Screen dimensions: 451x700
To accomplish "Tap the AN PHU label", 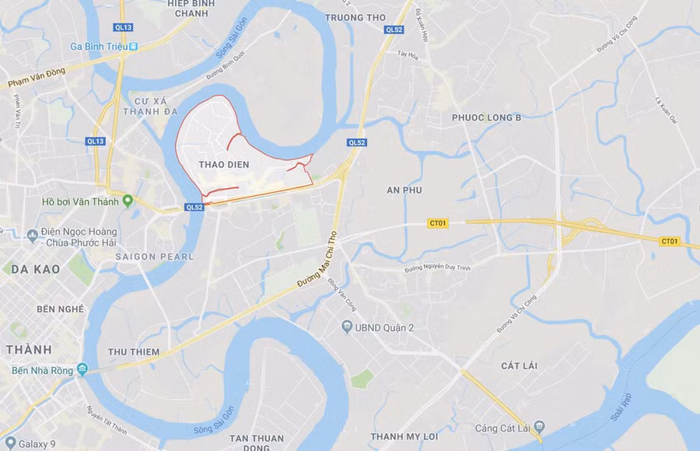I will [x=403, y=190].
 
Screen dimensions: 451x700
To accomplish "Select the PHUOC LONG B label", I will [x=486, y=118].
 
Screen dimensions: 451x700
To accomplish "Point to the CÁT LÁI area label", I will [x=520, y=365].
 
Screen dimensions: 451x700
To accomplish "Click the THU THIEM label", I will [x=134, y=352].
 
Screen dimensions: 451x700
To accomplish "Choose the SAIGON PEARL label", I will [x=154, y=257].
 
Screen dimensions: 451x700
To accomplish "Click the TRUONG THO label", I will [x=355, y=17].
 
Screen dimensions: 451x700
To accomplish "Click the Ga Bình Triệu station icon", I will [x=134, y=47].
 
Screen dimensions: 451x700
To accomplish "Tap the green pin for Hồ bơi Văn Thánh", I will [x=128, y=201].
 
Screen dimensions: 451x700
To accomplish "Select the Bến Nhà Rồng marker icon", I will [x=82, y=370].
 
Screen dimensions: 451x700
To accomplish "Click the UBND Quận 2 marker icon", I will [x=347, y=327].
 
